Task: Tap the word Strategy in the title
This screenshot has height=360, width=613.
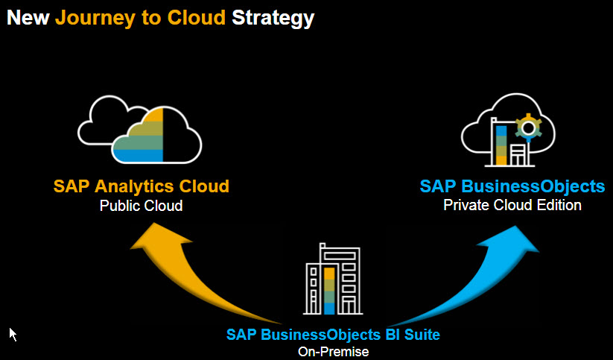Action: tap(273, 17)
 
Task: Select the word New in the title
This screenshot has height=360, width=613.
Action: tap(28, 17)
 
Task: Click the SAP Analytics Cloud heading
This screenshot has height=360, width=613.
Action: tap(141, 186)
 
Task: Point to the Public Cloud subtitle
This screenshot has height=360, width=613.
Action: tap(141, 206)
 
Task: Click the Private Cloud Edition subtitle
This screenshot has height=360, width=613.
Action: tap(512, 205)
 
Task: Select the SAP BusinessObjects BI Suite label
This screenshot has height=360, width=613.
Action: tap(333, 335)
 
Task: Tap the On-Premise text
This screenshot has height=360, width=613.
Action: tap(333, 351)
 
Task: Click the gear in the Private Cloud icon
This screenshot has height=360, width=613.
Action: tap(528, 127)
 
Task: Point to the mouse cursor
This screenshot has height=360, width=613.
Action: tap(13, 333)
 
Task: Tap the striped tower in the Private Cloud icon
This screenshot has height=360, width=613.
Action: tap(501, 145)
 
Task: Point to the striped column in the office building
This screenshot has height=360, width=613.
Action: tap(329, 291)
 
